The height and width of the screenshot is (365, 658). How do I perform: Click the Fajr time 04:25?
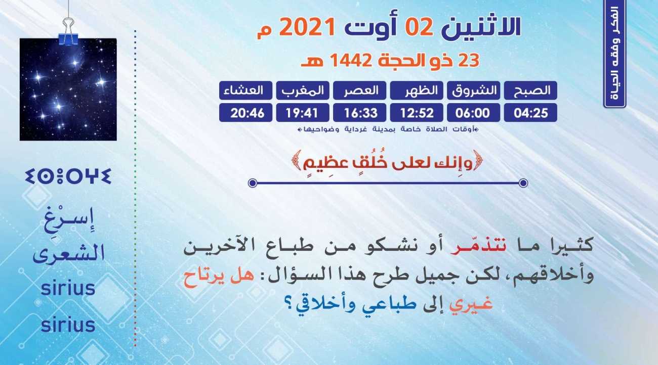530,113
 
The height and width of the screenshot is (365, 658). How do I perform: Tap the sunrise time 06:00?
474,113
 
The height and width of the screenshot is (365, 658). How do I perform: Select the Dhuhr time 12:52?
417,113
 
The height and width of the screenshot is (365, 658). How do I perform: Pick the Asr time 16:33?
359,113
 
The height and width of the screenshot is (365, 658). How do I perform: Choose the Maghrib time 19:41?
303,113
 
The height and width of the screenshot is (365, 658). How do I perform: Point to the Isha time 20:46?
245,113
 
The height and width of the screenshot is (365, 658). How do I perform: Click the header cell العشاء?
245,90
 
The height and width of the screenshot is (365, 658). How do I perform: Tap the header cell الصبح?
530,90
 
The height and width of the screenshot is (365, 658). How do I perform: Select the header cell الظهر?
417,90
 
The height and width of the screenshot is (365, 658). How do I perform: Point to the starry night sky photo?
68,89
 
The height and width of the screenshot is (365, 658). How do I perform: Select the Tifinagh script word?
68,176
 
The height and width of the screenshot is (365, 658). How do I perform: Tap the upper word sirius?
68,288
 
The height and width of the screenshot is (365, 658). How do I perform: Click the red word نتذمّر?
478,246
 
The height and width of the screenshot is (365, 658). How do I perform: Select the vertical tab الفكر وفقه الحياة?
614,54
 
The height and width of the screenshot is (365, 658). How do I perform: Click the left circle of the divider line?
253,183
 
